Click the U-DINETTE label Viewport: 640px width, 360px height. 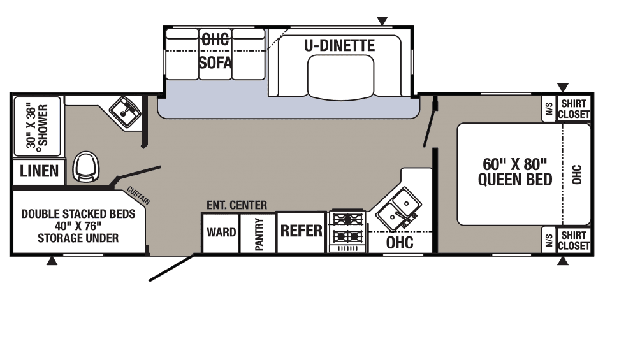(x=338, y=45)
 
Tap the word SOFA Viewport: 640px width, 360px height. (x=215, y=62)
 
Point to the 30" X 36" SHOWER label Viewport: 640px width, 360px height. (x=37, y=125)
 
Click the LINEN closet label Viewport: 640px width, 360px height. (x=39, y=171)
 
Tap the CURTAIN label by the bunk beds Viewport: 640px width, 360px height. (x=138, y=196)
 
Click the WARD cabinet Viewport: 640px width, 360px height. (x=221, y=233)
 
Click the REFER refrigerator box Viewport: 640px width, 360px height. (x=302, y=231)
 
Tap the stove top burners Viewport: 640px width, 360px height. (x=347, y=229)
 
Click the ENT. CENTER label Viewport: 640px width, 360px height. (x=236, y=205)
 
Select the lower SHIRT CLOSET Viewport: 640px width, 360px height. (x=574, y=240)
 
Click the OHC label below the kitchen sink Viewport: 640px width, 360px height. (x=400, y=242)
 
